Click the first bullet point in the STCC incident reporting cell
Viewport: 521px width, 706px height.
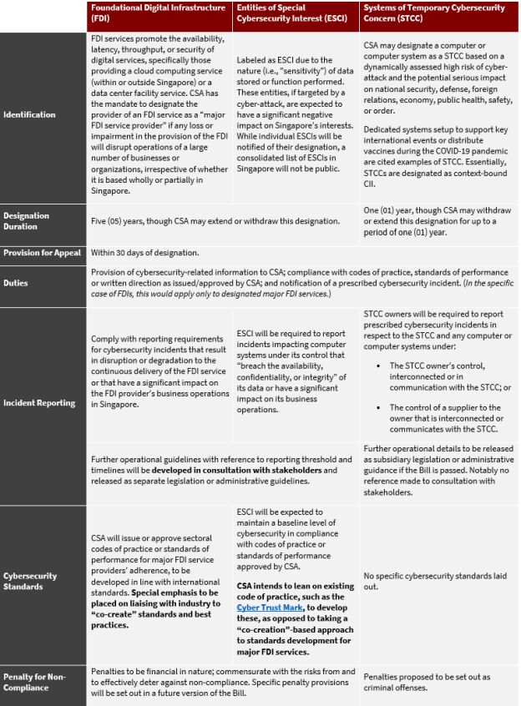[x=443, y=371]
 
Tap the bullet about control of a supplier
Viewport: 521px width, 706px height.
[x=443, y=418]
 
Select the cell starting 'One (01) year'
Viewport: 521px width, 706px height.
[x=438, y=220]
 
